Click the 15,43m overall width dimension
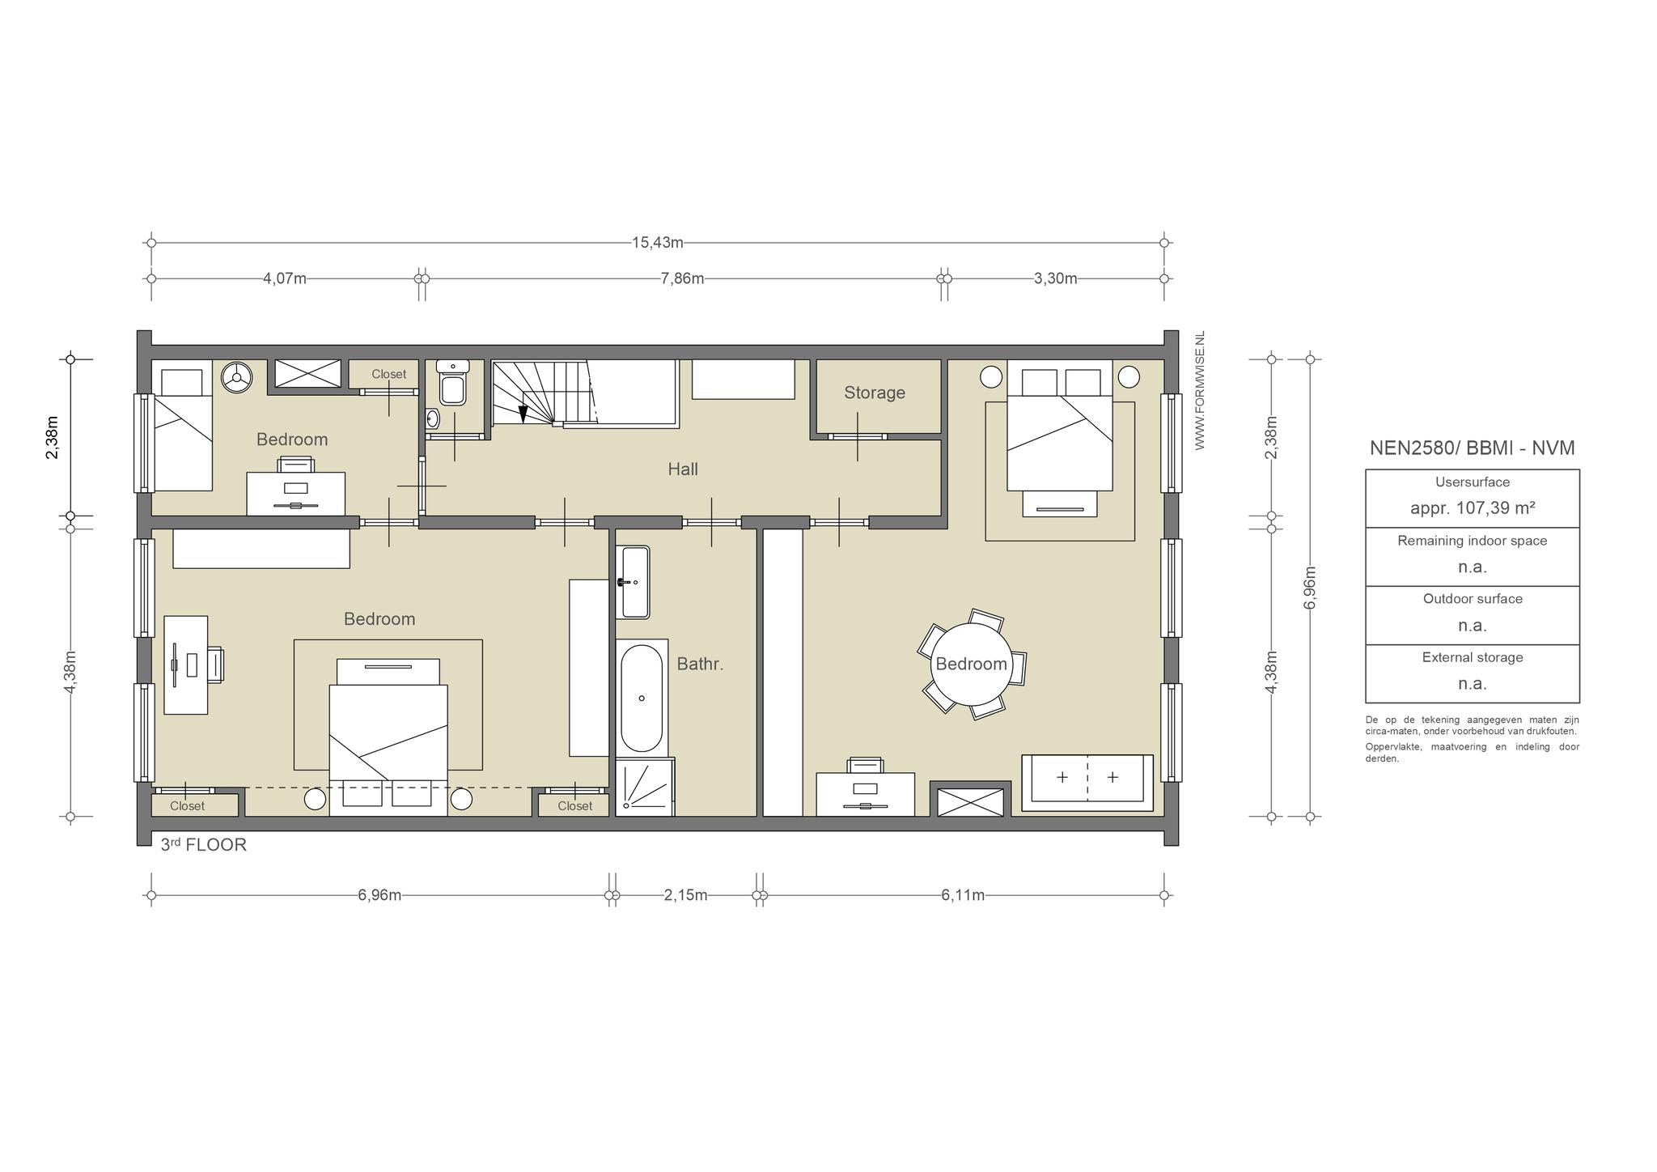[x=658, y=242]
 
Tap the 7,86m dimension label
[x=682, y=278]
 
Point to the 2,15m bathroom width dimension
[x=685, y=895]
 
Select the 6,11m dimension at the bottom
[x=963, y=895]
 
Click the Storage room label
[x=875, y=393]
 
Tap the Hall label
[x=683, y=469]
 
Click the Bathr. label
[x=700, y=664]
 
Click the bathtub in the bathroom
[x=642, y=698]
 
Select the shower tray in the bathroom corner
[x=645, y=787]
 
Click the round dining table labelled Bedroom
[x=971, y=664]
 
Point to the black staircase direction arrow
[x=523, y=414]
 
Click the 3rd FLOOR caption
[x=203, y=845]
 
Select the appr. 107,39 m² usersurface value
[x=1473, y=508]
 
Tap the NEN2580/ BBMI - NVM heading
[x=1473, y=448]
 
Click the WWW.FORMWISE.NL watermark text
[x=1200, y=390]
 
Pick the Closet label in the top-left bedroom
[x=389, y=374]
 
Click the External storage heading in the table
[x=1473, y=657]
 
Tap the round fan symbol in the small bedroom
[x=237, y=377]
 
